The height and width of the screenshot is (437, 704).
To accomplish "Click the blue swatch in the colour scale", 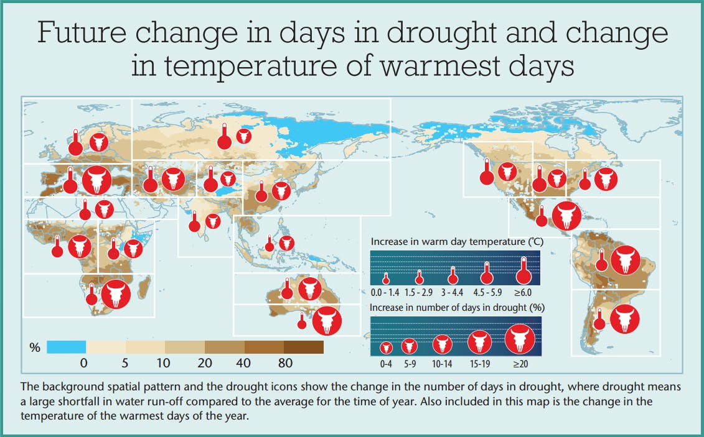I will pyautogui.click(x=66, y=347).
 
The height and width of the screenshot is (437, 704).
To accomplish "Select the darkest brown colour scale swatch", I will pyautogui.click(x=304, y=347).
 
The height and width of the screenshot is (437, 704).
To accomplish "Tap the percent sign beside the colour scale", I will pyautogui.click(x=35, y=347).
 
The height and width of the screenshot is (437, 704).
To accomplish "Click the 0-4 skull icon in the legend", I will pyautogui.click(x=386, y=347).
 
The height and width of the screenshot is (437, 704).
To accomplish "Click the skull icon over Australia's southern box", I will pyautogui.click(x=327, y=320).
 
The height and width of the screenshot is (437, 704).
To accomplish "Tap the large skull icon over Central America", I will pyautogui.click(x=566, y=216).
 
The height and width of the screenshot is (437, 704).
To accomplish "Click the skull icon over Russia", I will pyautogui.click(x=244, y=136).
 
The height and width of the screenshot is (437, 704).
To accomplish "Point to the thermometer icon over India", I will pyautogui.click(x=194, y=221).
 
